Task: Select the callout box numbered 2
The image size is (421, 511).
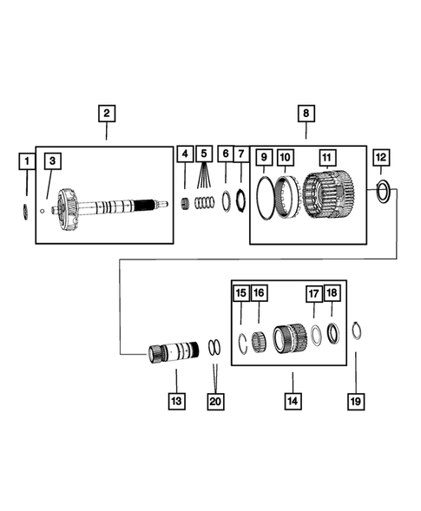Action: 105,114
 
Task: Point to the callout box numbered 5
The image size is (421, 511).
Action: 204,154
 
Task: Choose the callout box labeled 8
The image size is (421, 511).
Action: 305,114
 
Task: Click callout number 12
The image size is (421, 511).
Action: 382,157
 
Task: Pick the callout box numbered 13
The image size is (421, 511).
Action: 176,401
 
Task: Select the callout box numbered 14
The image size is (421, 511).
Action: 293,401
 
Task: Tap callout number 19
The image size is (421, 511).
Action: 354,401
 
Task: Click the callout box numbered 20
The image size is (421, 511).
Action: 215,401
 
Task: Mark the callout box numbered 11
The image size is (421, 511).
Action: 326,158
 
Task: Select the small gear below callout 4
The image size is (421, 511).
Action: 184,203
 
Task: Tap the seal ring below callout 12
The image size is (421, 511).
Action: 383,191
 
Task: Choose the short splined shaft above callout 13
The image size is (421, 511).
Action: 174,352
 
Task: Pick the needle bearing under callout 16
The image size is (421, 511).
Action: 260,339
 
